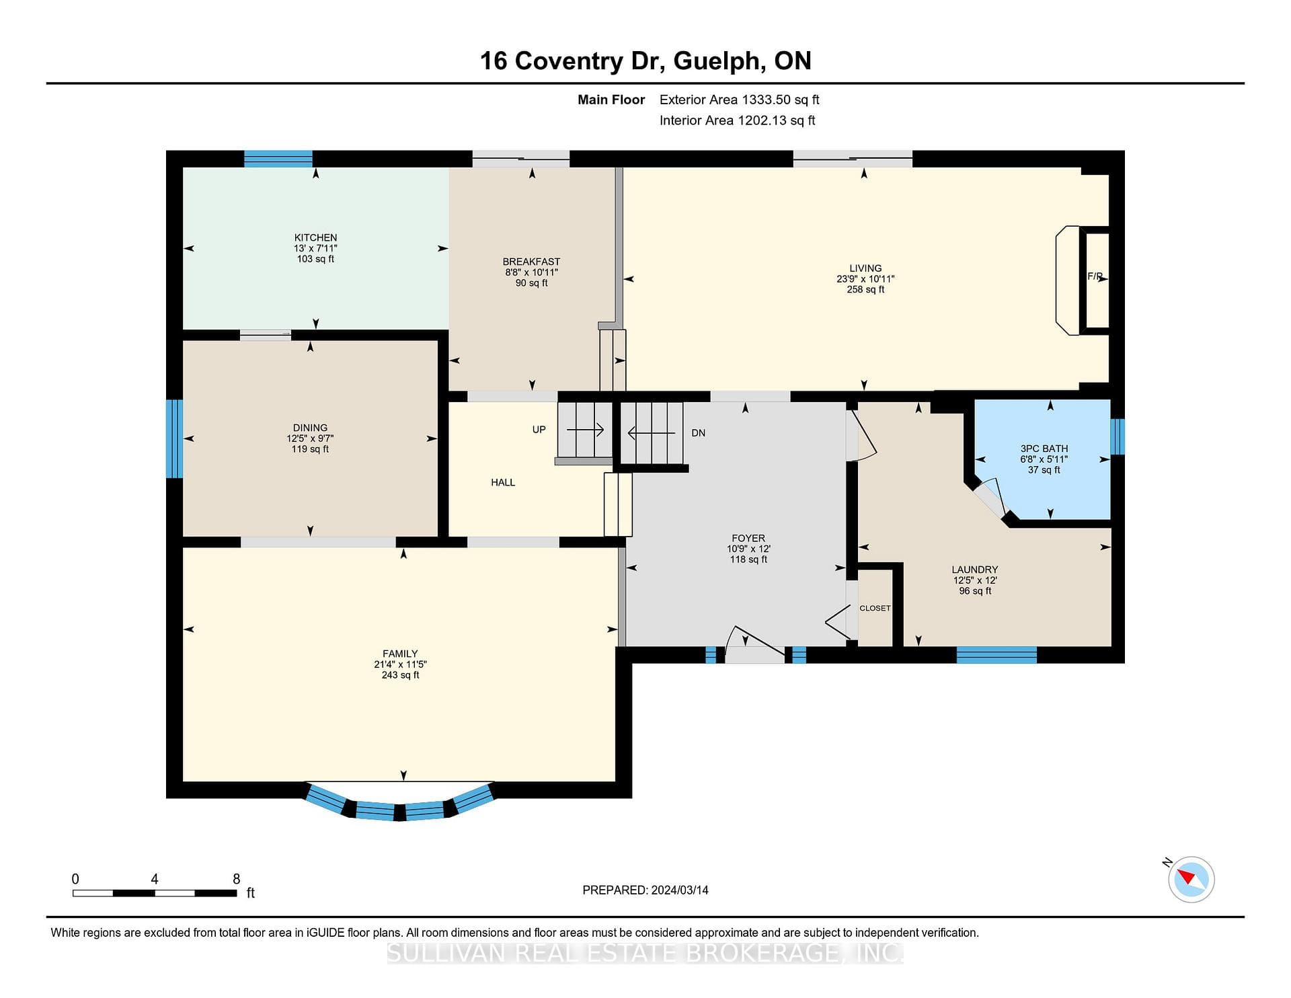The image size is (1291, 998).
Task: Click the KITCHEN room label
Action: click(x=315, y=237)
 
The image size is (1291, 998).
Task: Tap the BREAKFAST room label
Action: click(x=531, y=262)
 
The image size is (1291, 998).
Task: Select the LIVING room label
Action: click(x=865, y=268)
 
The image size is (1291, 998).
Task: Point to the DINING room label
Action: click(x=310, y=428)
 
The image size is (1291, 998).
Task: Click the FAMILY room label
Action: click(x=400, y=654)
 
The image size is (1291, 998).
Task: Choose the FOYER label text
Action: click(x=748, y=538)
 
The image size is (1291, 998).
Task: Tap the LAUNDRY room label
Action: click(x=975, y=570)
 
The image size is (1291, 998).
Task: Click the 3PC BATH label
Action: click(x=1044, y=449)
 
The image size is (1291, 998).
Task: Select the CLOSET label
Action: click(x=875, y=608)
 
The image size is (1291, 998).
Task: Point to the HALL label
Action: click(x=503, y=482)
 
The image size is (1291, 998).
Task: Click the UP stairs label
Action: click(x=539, y=430)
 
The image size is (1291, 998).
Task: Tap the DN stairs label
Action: click(x=699, y=433)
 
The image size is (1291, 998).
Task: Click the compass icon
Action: click(x=1191, y=879)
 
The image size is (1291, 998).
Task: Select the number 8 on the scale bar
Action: click(x=236, y=879)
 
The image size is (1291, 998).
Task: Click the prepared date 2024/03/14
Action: click(x=680, y=890)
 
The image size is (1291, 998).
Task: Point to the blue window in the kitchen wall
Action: click(x=278, y=159)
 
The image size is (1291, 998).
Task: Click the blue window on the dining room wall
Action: click(x=174, y=438)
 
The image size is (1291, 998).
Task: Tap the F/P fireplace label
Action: click(x=1095, y=276)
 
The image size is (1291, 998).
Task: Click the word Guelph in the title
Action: click(x=718, y=61)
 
